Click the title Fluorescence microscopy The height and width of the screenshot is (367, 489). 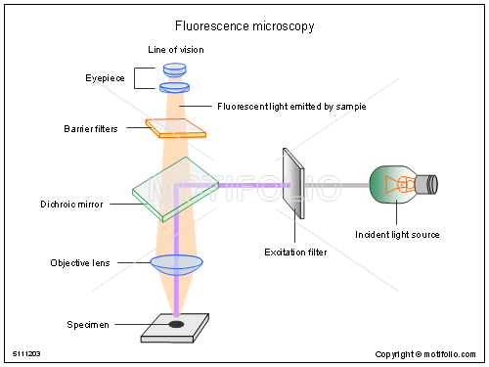pos(244,26)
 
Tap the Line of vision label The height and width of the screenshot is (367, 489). pos(175,49)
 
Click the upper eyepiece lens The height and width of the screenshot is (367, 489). pos(175,69)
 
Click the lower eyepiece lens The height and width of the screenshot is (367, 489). pos(175,87)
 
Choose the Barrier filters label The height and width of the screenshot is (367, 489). pos(91,128)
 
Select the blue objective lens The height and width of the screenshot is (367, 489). pos(176,263)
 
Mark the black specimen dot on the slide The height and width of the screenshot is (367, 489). pos(176,324)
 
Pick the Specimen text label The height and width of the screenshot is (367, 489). pos(88,324)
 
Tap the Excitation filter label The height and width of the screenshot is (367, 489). pos(295,252)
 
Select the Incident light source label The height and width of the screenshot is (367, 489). pos(397,235)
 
